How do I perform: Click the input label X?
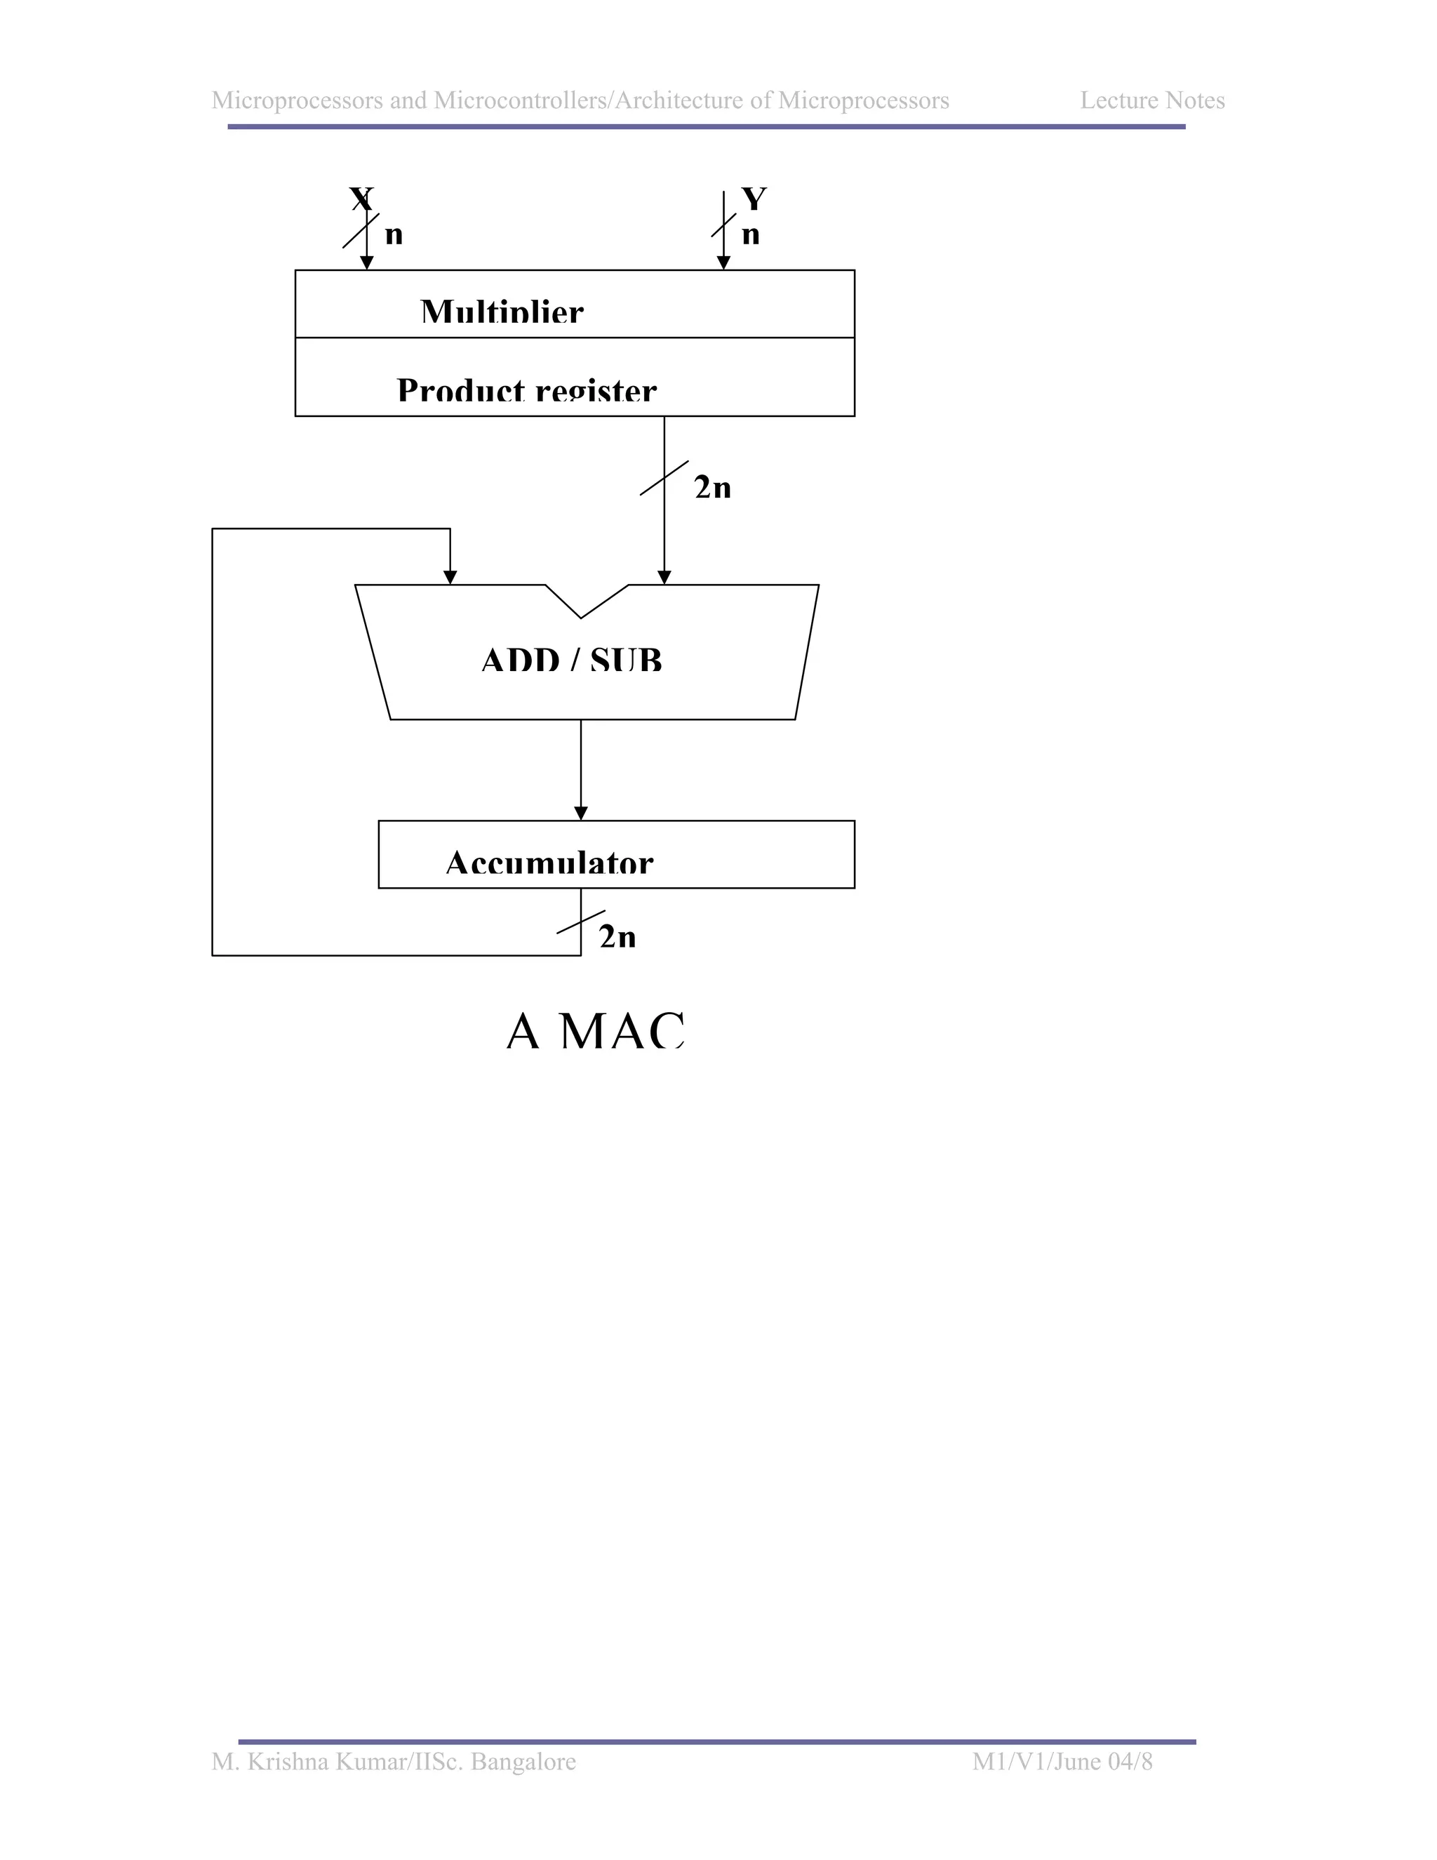(361, 199)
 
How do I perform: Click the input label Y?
(754, 199)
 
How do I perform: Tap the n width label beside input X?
(394, 234)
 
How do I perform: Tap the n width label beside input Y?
(750, 234)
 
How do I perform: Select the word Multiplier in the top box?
(502, 312)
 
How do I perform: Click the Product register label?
(526, 390)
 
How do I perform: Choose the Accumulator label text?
(549, 863)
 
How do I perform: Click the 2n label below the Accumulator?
(617, 937)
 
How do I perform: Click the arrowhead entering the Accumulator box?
(580, 813)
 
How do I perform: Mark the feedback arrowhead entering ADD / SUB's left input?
(450, 578)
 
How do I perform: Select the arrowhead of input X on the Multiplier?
(367, 263)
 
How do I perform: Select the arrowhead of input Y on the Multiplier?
(723, 263)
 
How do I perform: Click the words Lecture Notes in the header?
(1152, 100)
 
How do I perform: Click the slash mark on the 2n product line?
(664, 479)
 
